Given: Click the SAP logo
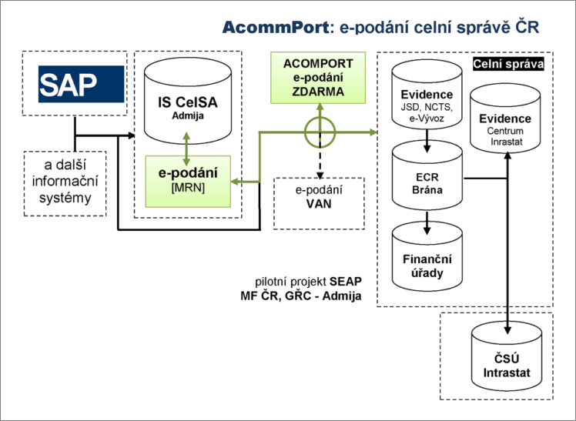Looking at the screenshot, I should (x=81, y=84).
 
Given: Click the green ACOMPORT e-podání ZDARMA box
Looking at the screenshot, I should (x=318, y=78).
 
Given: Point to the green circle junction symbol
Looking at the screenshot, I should (x=319, y=132).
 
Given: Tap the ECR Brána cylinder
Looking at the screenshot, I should (x=427, y=179).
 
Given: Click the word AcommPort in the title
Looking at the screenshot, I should (x=274, y=28).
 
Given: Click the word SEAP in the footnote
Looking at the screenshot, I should (x=345, y=282).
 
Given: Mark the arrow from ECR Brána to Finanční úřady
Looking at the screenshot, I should (x=427, y=223).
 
